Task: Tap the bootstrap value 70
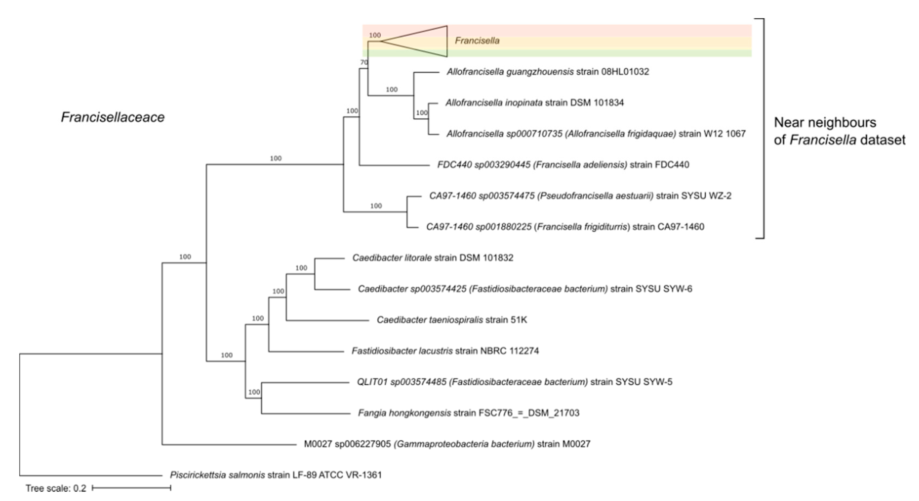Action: point(364,62)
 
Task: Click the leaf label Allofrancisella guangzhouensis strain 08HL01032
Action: point(548,72)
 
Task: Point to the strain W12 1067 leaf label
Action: point(596,134)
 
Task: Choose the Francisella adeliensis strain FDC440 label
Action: point(563,165)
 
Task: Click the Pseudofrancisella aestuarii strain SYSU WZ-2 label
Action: point(580,196)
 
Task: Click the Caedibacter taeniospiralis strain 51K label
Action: point(452,320)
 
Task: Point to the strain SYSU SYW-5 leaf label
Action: point(514,382)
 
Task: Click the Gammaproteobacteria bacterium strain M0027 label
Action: point(447,444)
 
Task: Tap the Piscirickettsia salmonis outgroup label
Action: point(275,475)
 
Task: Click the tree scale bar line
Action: point(131,488)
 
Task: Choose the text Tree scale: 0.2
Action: point(56,489)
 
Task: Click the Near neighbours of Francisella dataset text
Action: point(839,131)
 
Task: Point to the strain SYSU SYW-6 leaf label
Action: point(525,289)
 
